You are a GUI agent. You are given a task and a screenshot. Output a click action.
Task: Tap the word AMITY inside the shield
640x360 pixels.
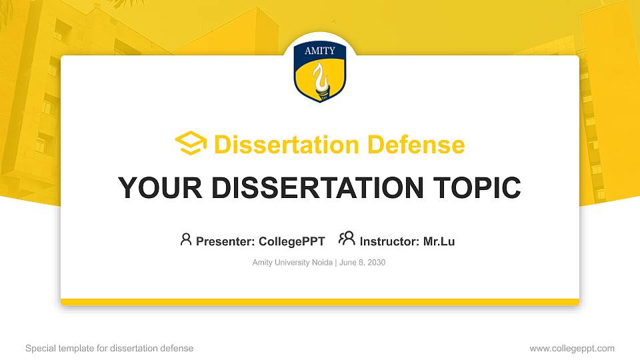pos(320,51)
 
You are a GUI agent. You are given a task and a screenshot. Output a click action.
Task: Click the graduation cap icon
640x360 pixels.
pos(191,143)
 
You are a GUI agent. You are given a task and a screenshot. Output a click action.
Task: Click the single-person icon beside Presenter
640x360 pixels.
pos(186,239)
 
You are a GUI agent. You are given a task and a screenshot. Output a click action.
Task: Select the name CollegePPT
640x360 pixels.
pos(292,241)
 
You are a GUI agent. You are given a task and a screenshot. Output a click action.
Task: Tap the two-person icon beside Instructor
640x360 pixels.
pos(347,239)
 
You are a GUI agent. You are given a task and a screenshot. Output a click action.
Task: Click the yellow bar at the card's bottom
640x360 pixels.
pos(320,302)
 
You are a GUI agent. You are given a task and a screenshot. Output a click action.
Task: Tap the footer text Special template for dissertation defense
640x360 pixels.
pos(109,348)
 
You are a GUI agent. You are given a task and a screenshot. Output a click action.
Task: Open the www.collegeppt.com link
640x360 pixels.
pos(572,348)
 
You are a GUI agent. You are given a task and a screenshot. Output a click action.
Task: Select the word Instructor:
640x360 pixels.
pos(389,241)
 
